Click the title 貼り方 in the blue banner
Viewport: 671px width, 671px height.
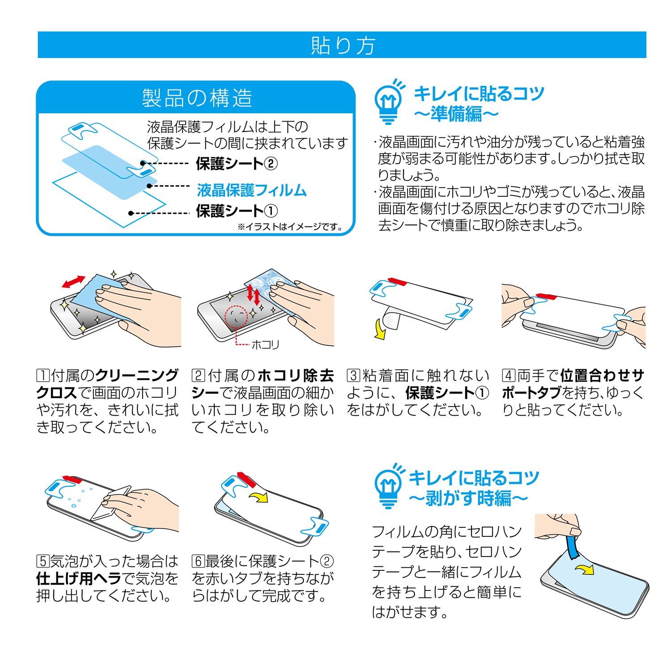click(343, 45)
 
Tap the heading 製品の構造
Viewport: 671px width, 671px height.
click(197, 98)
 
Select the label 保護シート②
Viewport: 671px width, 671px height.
click(237, 164)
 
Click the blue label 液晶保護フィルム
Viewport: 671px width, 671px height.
click(252, 190)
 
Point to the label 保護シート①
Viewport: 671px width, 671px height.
click(237, 211)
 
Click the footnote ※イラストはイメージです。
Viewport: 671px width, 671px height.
click(290, 227)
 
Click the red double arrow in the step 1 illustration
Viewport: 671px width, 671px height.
click(74, 281)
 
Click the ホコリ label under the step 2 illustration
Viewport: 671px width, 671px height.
click(265, 344)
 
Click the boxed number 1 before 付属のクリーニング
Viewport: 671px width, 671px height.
click(43, 375)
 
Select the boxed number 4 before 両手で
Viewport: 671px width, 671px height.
click(508, 375)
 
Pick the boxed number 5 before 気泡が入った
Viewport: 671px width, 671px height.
click(43, 561)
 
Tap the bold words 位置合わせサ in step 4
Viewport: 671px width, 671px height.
click(603, 375)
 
